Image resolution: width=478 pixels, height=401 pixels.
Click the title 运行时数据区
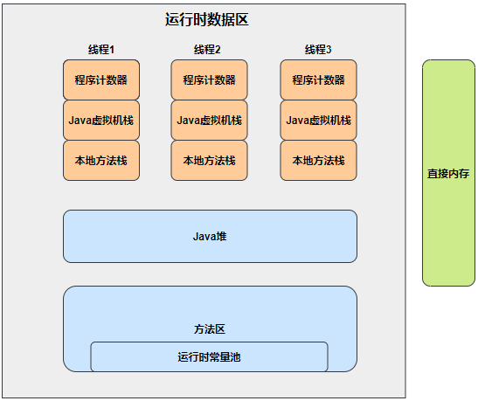[x=207, y=19]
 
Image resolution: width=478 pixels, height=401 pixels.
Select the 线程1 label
[x=101, y=50]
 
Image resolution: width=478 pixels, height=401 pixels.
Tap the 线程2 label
[x=207, y=50]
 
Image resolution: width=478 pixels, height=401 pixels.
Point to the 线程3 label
[x=318, y=50]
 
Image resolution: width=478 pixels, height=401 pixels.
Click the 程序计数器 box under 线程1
[x=101, y=80]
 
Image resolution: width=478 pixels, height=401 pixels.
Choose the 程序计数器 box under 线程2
[x=209, y=80]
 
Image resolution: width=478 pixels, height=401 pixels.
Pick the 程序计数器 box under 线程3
[x=318, y=80]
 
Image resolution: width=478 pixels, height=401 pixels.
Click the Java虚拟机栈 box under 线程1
[x=101, y=120]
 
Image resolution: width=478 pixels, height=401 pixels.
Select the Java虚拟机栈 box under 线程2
[x=209, y=120]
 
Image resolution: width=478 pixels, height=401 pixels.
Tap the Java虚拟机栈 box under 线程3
[x=318, y=120]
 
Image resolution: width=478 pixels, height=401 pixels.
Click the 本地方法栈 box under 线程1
[x=101, y=160]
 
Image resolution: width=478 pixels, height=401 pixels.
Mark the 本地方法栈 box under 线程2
[x=209, y=160]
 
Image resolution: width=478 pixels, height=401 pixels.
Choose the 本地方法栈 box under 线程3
[x=318, y=160]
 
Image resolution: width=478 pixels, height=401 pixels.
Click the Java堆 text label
[x=210, y=236]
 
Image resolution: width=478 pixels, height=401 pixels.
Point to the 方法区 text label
[x=210, y=329]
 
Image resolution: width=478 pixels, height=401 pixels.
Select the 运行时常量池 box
[x=209, y=356]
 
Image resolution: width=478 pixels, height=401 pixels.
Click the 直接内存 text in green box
[x=448, y=173]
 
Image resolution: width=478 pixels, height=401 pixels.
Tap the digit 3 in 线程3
[x=329, y=50]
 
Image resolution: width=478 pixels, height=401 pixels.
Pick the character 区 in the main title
[x=242, y=19]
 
